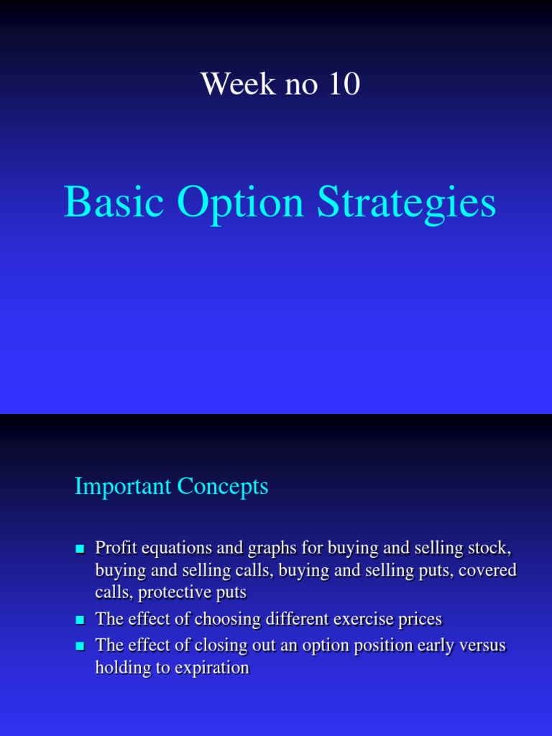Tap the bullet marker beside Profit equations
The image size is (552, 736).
click(80, 549)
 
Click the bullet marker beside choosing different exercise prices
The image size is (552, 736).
click(80, 619)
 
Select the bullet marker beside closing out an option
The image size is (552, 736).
click(80, 645)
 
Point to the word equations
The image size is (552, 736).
click(167, 549)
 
